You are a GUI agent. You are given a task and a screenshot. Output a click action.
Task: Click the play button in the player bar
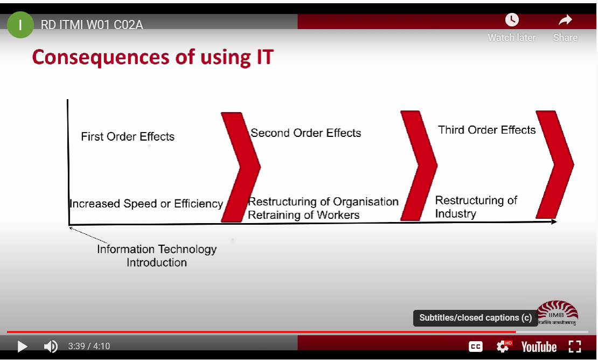click(23, 347)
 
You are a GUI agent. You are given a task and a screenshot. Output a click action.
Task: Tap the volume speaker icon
click(51, 347)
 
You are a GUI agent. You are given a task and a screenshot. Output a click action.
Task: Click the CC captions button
click(476, 347)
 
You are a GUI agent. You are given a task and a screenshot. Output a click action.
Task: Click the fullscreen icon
click(575, 347)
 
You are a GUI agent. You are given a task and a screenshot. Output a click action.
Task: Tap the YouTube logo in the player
click(539, 347)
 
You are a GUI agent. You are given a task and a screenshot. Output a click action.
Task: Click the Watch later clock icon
click(512, 19)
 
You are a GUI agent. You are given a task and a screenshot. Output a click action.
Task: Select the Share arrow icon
click(565, 20)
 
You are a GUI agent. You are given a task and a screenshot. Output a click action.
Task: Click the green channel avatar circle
click(20, 25)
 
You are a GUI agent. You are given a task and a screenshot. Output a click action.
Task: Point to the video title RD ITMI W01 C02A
click(92, 25)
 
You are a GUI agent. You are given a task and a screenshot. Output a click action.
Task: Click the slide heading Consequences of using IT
click(153, 57)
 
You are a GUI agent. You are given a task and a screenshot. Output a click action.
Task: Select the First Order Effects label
click(128, 136)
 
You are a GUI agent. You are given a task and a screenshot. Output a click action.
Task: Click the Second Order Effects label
click(306, 133)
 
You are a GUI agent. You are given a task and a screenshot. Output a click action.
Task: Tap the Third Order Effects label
click(487, 130)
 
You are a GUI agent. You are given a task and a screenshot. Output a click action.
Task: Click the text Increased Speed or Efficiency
click(147, 204)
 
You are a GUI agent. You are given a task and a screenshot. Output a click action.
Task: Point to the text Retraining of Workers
click(303, 214)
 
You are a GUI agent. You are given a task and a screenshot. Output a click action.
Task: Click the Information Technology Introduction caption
click(157, 255)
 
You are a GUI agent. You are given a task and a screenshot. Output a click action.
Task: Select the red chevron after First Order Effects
click(241, 167)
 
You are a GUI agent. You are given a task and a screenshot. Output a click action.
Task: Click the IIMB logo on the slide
click(558, 313)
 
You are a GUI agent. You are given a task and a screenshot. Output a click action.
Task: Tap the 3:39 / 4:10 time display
click(89, 347)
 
